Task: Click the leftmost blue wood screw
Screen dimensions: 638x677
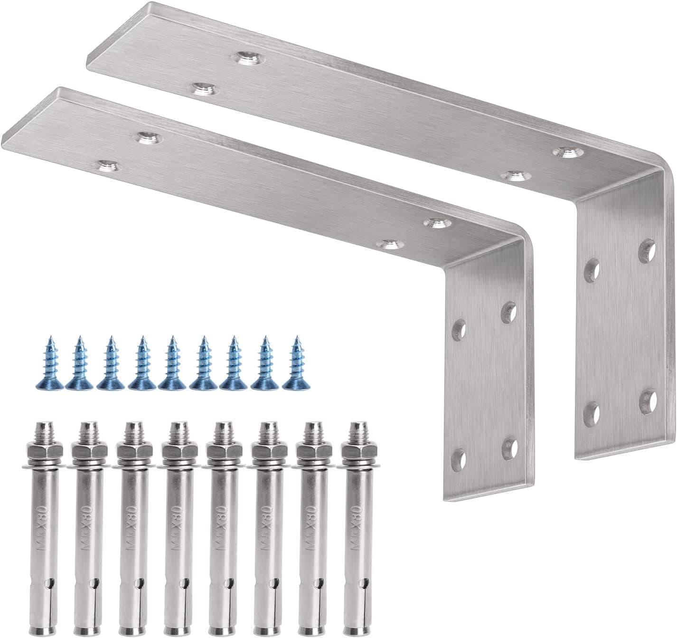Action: point(49,364)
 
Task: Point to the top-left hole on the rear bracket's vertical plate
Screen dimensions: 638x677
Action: point(592,271)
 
